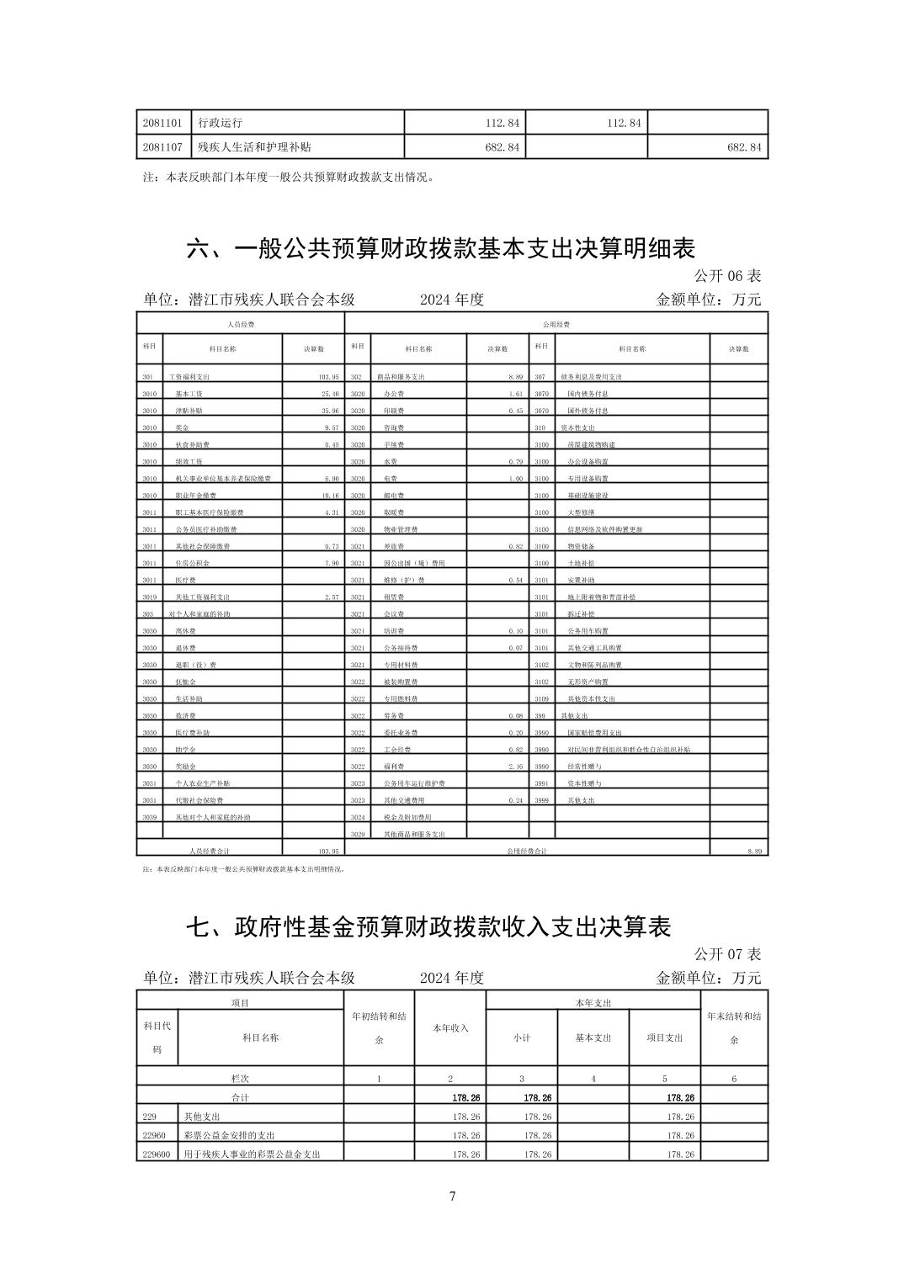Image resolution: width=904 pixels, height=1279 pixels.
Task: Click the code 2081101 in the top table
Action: [x=159, y=123]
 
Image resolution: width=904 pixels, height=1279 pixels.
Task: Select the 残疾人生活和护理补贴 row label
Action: [x=254, y=147]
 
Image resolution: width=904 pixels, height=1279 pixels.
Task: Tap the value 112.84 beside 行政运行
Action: [x=503, y=123]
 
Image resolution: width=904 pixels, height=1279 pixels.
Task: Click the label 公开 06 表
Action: [x=727, y=276]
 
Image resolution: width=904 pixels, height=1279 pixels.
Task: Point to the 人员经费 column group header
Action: [x=241, y=324]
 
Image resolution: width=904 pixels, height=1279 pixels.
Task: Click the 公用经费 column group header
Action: [x=556, y=324]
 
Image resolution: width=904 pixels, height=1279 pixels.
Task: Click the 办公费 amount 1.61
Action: [x=516, y=394]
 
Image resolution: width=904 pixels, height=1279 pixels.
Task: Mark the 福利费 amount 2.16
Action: [x=516, y=767]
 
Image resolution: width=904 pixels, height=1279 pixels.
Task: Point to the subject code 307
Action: [x=540, y=377]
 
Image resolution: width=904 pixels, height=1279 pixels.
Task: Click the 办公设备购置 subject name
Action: [x=588, y=462]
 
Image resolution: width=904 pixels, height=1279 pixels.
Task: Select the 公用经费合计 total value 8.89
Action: [x=753, y=852]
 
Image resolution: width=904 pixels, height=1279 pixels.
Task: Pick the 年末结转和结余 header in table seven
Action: [x=733, y=1027]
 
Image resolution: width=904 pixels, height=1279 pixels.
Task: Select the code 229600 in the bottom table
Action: [x=157, y=1154]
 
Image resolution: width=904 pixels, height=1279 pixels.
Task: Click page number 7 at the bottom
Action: [x=452, y=1196]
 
